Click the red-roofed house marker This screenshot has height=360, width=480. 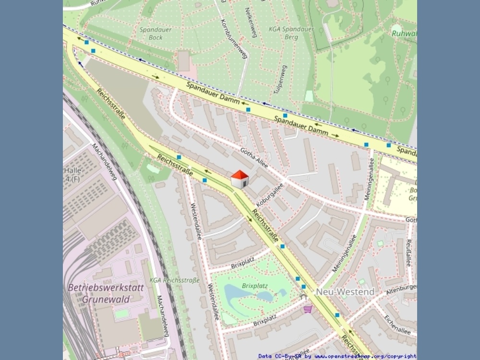[x=240, y=179]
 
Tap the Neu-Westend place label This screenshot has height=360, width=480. [x=345, y=292]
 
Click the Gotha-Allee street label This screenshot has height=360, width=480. [x=254, y=156]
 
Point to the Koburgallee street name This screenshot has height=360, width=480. [x=270, y=196]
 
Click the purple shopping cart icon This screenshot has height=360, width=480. [x=308, y=309]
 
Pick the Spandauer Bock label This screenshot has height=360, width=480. [x=156, y=33]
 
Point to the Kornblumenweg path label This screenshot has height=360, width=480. [x=234, y=38]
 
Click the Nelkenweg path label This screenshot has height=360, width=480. [x=251, y=22]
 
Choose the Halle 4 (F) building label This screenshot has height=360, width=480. [x=72, y=175]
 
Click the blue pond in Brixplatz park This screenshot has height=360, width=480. [x=240, y=292]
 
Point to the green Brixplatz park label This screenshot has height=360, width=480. [x=254, y=286]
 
